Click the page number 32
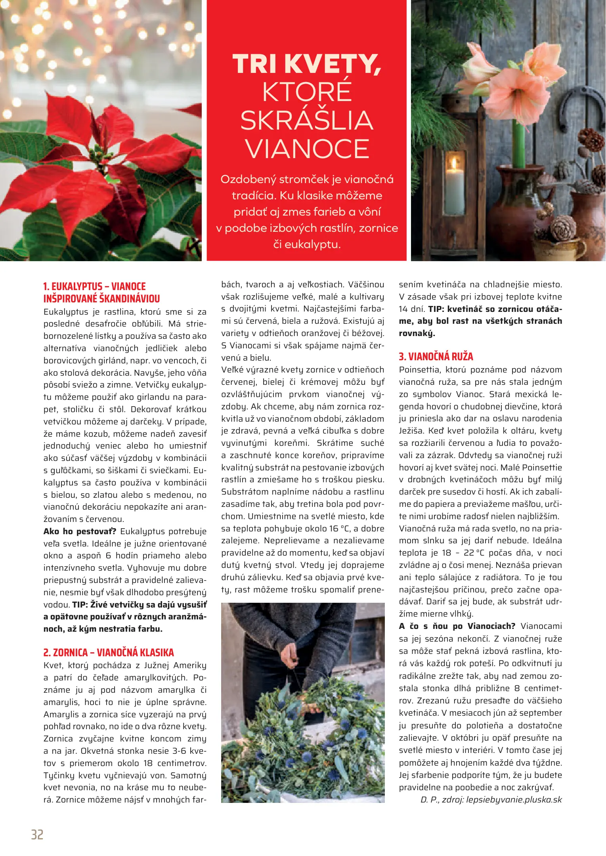point(37,835)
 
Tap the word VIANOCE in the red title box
point(307,149)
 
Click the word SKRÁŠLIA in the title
point(307,120)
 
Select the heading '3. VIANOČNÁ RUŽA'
point(436,356)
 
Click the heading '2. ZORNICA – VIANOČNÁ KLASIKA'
point(109,652)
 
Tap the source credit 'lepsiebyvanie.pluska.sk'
point(514,799)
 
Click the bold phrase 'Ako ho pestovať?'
point(80,531)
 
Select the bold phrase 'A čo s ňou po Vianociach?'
point(457,626)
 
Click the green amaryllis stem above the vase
point(518,145)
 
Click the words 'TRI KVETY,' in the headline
point(307,64)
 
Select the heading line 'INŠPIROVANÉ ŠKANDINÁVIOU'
point(101,298)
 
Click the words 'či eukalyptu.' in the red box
point(307,244)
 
